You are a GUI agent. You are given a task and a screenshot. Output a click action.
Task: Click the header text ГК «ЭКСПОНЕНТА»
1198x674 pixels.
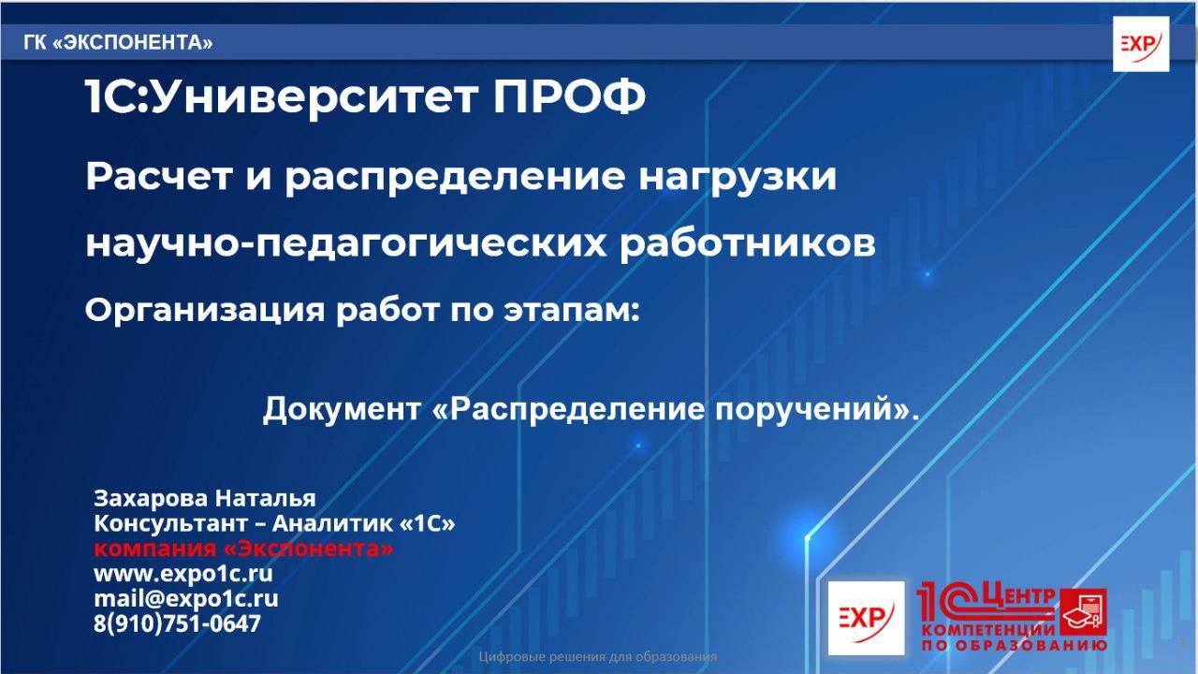click(118, 43)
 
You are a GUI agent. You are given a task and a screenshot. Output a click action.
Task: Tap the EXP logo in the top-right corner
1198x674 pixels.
click(1140, 44)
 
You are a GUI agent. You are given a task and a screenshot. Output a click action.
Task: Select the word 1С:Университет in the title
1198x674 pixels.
click(282, 98)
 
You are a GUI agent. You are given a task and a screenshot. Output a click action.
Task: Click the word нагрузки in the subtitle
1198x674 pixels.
click(738, 177)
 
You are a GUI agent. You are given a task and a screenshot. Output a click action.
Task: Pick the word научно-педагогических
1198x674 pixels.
click(345, 243)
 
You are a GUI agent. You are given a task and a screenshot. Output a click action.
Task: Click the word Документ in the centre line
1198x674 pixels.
click(343, 410)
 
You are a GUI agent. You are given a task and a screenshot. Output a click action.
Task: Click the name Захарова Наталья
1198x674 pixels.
click(205, 497)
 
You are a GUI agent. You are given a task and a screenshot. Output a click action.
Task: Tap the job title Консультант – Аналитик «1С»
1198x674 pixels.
click(274, 523)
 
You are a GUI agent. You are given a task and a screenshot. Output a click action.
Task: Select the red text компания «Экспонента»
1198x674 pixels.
click(243, 549)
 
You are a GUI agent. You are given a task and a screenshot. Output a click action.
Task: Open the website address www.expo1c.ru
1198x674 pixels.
click(183, 573)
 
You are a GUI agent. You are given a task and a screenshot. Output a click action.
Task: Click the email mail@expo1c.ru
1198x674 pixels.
click(185, 598)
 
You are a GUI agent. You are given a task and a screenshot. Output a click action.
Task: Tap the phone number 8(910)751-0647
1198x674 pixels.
click(177, 623)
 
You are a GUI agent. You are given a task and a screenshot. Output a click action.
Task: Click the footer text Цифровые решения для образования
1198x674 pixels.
click(598, 657)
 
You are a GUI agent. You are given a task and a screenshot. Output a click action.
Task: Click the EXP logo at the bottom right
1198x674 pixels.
click(866, 617)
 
